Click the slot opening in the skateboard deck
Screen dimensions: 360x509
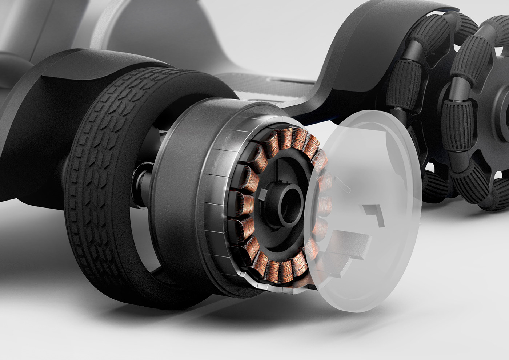click(287, 79)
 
